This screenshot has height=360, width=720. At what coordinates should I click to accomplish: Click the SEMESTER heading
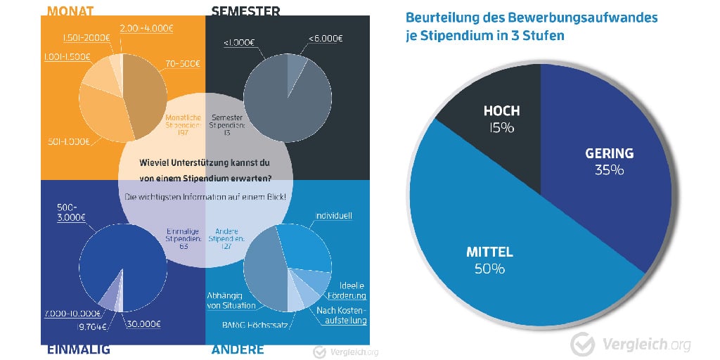(x=246, y=11)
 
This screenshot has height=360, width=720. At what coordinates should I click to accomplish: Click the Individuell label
(x=334, y=215)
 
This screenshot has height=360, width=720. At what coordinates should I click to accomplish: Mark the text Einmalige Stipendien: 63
(x=184, y=239)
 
